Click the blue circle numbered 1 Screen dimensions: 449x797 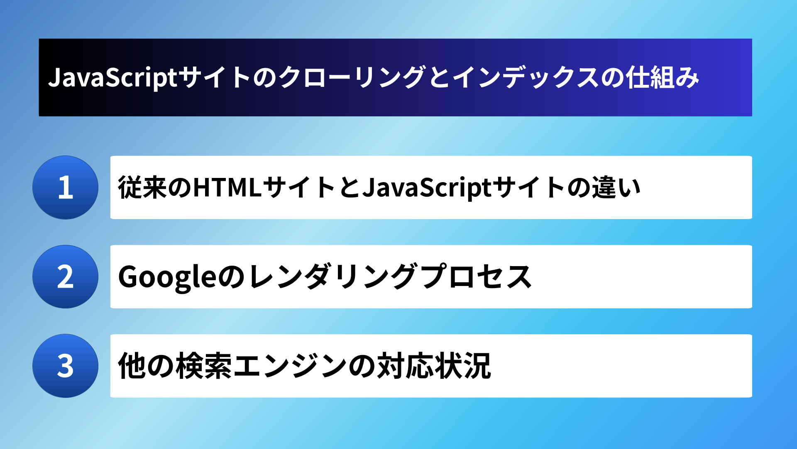(x=65, y=187)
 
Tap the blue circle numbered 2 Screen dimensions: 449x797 (x=65, y=277)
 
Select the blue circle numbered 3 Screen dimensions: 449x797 (x=65, y=366)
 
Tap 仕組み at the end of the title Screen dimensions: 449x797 (x=663, y=78)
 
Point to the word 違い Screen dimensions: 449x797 (x=616, y=187)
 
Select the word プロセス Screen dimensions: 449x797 (x=476, y=277)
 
